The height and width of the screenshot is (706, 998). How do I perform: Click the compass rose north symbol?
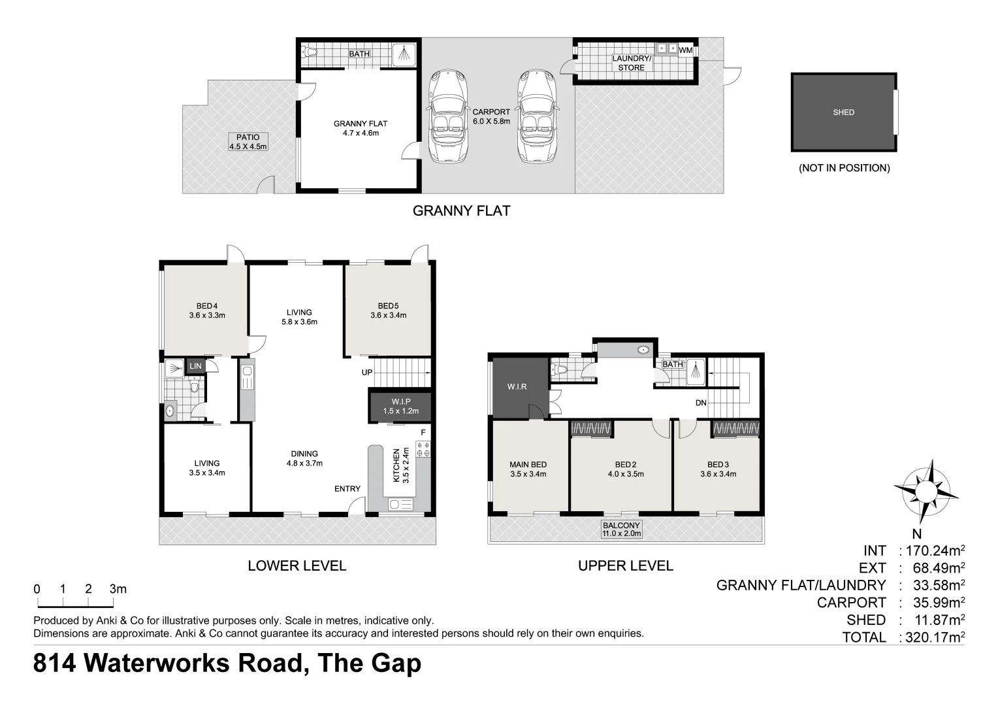(x=926, y=490)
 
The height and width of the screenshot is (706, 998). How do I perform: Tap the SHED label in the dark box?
(x=843, y=112)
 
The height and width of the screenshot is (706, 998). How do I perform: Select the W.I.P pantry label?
(x=400, y=406)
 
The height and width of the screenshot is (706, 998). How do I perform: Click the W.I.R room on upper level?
(x=517, y=387)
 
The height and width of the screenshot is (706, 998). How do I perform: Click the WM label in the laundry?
(x=685, y=50)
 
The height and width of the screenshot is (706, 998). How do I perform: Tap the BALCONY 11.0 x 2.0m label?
(x=621, y=529)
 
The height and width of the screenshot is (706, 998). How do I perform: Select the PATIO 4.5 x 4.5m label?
(x=248, y=142)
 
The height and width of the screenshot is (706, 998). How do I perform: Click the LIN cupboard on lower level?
(x=195, y=366)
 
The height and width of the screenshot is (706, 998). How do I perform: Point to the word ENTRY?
(x=347, y=488)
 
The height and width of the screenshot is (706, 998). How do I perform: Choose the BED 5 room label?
(x=388, y=311)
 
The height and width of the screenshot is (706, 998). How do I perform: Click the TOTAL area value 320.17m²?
(x=932, y=637)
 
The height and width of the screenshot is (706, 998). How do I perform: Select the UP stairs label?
(x=367, y=373)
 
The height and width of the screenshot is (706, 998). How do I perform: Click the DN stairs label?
(x=701, y=403)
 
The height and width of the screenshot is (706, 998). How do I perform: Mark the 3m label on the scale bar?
(x=118, y=589)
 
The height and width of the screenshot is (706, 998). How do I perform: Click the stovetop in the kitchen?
(x=423, y=449)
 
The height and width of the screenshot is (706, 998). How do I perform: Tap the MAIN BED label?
(x=528, y=469)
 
